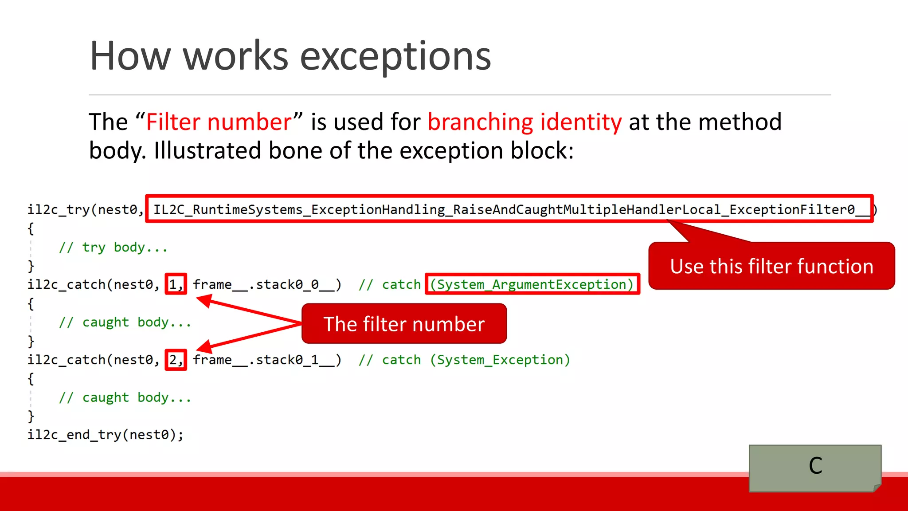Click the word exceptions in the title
click(395, 56)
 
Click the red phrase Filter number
click(219, 122)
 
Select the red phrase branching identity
click(524, 122)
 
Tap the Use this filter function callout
click(771, 266)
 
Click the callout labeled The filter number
click(404, 324)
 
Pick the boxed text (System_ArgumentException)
click(532, 284)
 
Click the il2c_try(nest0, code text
click(85, 209)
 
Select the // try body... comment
click(113, 247)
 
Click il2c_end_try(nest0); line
click(106, 435)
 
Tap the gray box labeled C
click(815, 467)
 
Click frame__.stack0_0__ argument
click(267, 284)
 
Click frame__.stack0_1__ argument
click(267, 360)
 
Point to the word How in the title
click(130, 56)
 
